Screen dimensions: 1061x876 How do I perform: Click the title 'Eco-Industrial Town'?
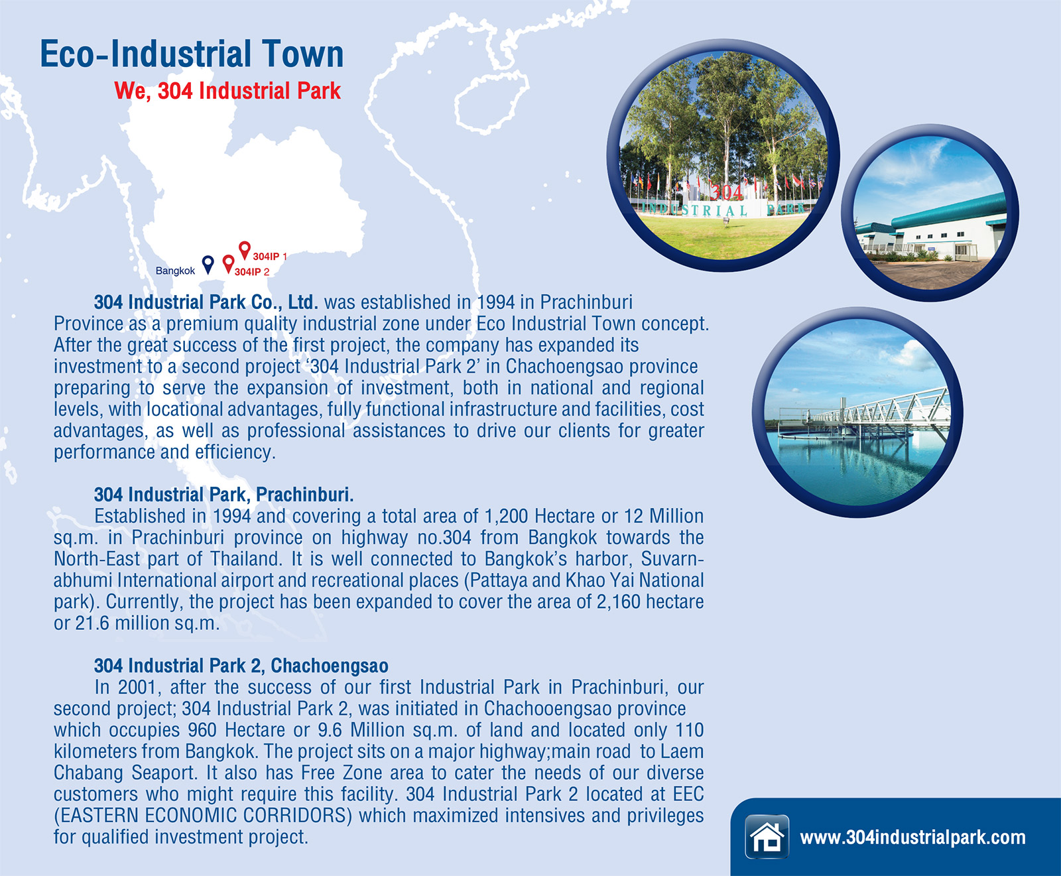[x=192, y=54]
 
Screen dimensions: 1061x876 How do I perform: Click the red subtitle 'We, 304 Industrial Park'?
[x=227, y=91]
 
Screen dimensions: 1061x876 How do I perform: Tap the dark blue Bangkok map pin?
[x=208, y=264]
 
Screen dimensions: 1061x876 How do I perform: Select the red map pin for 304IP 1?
[x=245, y=250]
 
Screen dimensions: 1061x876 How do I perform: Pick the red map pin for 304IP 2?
[x=228, y=264]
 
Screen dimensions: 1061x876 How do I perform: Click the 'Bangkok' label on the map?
[x=175, y=271]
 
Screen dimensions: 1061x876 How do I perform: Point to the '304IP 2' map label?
[x=252, y=272]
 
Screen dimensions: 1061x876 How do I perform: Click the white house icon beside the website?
[x=767, y=837]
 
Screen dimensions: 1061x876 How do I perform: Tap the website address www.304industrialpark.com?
[x=912, y=838]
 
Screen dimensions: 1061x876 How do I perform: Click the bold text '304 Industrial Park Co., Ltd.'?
[x=206, y=302]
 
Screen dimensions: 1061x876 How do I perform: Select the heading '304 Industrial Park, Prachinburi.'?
[x=224, y=495]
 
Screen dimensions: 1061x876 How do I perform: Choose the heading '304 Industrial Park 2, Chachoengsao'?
[x=241, y=666]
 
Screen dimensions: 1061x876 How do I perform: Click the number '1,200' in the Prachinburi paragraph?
[x=507, y=517]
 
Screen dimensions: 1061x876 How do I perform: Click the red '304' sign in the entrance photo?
[x=727, y=192]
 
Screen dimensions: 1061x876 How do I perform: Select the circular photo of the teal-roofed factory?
[x=930, y=214]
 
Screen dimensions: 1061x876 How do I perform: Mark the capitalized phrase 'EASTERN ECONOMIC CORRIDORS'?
[x=205, y=816]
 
